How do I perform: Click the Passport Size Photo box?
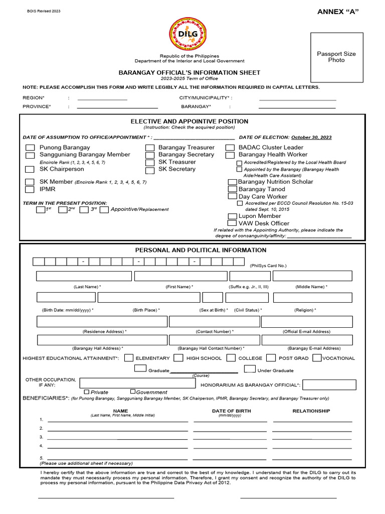[336, 57]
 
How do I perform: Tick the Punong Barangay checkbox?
[31, 148]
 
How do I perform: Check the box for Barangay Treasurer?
[150, 148]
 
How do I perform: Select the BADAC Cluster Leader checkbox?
[230, 148]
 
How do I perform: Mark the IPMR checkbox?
[31, 189]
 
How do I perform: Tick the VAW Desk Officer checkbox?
[232, 223]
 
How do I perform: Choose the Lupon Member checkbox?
[232, 216]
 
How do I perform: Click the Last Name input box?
[84, 276]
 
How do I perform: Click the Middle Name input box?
[312, 276]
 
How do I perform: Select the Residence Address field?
[102, 321]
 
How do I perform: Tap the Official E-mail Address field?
[306, 321]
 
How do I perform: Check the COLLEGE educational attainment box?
[231, 358]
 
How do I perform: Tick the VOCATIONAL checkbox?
[317, 358]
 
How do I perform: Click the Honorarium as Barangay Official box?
[329, 384]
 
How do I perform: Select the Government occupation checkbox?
[133, 392]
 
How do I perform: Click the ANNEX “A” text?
[339, 13]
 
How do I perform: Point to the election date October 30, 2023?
[311, 137]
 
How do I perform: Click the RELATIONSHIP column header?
[311, 411]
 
